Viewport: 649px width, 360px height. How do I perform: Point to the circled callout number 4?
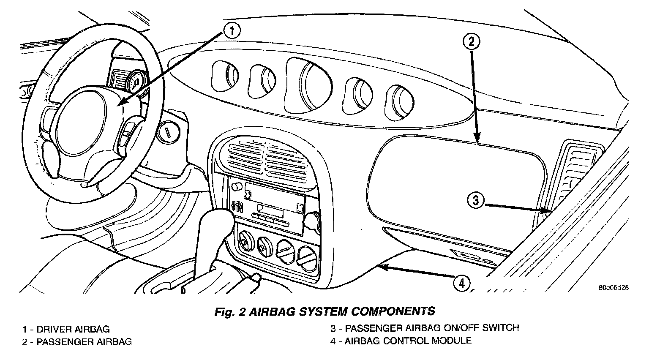461,283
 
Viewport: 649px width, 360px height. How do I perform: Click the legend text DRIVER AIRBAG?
73,329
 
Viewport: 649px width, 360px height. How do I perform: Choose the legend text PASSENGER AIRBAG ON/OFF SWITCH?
431,328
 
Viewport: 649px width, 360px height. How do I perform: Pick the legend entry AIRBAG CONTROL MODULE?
408,341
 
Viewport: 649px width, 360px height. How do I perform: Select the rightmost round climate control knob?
305,255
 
